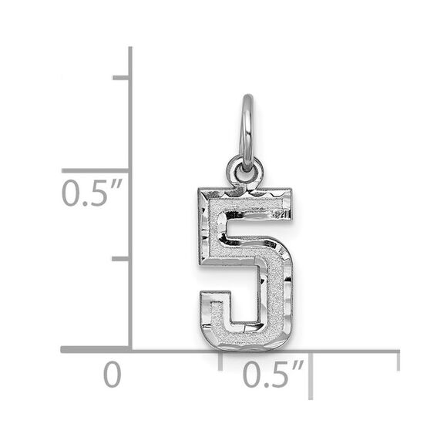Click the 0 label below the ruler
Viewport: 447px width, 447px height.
click(113, 375)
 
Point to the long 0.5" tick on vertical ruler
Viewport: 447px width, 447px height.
click(96, 170)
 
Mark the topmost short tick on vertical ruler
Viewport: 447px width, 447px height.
click(121, 77)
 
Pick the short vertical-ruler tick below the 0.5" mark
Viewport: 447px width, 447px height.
click(121, 259)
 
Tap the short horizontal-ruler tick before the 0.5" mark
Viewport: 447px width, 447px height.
click(221, 361)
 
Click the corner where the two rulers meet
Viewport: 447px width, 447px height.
click(130, 350)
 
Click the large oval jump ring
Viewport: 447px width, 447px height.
click(247, 131)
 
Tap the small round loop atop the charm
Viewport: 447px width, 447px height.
click(244, 170)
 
